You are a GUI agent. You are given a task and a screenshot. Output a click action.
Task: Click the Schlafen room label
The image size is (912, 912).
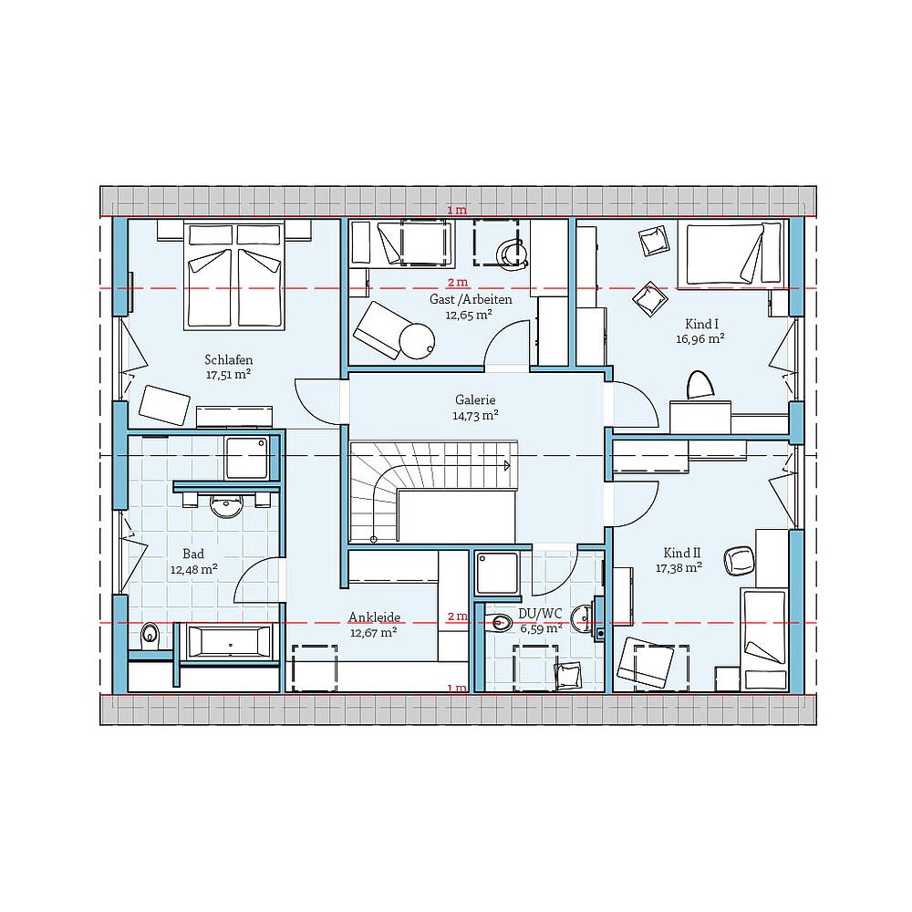tap(228, 359)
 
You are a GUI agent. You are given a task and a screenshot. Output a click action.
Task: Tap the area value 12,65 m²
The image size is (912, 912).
tap(469, 315)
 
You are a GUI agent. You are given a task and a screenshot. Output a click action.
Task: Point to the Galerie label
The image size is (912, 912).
tap(475, 399)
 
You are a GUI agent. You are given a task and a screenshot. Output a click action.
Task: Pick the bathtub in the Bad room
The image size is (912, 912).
tap(229, 641)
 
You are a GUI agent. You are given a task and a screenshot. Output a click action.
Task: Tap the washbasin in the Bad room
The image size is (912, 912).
tap(226, 503)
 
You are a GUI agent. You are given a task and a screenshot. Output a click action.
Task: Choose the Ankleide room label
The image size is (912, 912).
tap(374, 617)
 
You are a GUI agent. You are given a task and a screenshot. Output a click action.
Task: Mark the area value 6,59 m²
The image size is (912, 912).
tap(540, 628)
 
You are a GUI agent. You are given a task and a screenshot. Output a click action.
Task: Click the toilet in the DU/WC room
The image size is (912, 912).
tap(499, 624)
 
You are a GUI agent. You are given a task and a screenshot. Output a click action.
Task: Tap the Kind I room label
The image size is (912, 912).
tap(702, 324)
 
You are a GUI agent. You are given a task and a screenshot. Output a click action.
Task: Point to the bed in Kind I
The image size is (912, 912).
tap(732, 254)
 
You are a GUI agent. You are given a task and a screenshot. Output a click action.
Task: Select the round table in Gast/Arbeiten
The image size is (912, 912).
tap(416, 340)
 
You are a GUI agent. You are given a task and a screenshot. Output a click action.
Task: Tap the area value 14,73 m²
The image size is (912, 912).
tap(475, 415)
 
